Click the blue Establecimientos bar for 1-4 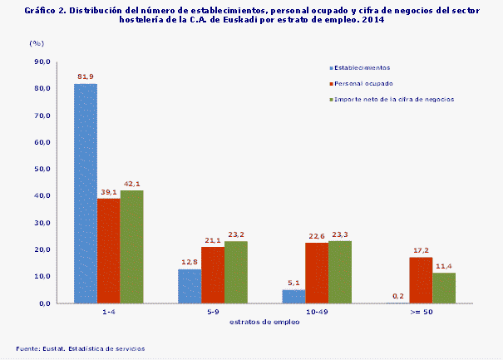86,193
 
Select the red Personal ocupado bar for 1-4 108,250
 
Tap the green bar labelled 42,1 131,247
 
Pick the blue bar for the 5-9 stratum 190,286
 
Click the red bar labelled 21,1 212,275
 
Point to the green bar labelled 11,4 444,288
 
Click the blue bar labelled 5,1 293,296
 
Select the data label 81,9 86,76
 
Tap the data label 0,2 397,296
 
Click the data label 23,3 340,234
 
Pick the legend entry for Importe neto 394,99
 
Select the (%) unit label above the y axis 36,42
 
